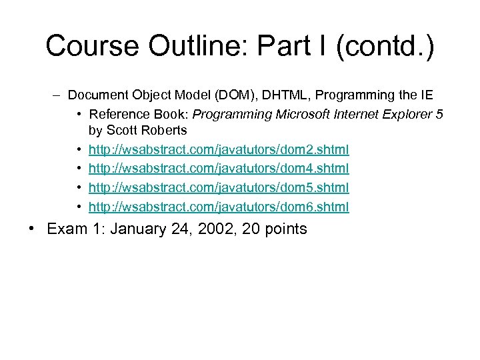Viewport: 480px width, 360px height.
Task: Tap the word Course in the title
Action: [93, 46]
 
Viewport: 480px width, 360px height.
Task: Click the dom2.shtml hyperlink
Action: [219, 149]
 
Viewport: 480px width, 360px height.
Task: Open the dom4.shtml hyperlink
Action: [219, 169]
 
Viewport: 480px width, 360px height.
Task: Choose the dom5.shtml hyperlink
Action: [219, 188]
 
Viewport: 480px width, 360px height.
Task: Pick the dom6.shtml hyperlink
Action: [219, 207]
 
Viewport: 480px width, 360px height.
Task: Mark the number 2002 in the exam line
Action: [207, 229]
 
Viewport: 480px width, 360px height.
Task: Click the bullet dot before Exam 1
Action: [32, 229]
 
